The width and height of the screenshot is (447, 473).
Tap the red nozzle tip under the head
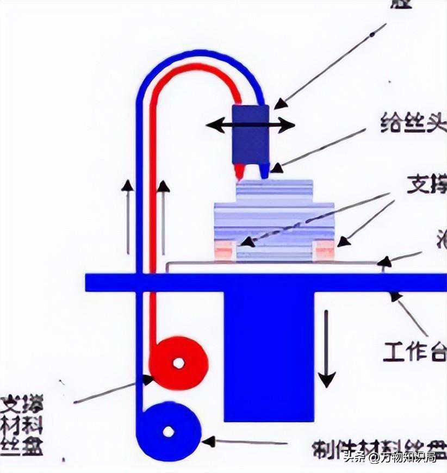238,172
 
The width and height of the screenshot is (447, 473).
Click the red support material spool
179,362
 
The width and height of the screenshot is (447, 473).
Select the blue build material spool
169,432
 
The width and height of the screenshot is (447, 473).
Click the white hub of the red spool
178,362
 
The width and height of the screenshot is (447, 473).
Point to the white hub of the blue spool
169,432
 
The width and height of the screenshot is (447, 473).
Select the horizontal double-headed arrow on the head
250,126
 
